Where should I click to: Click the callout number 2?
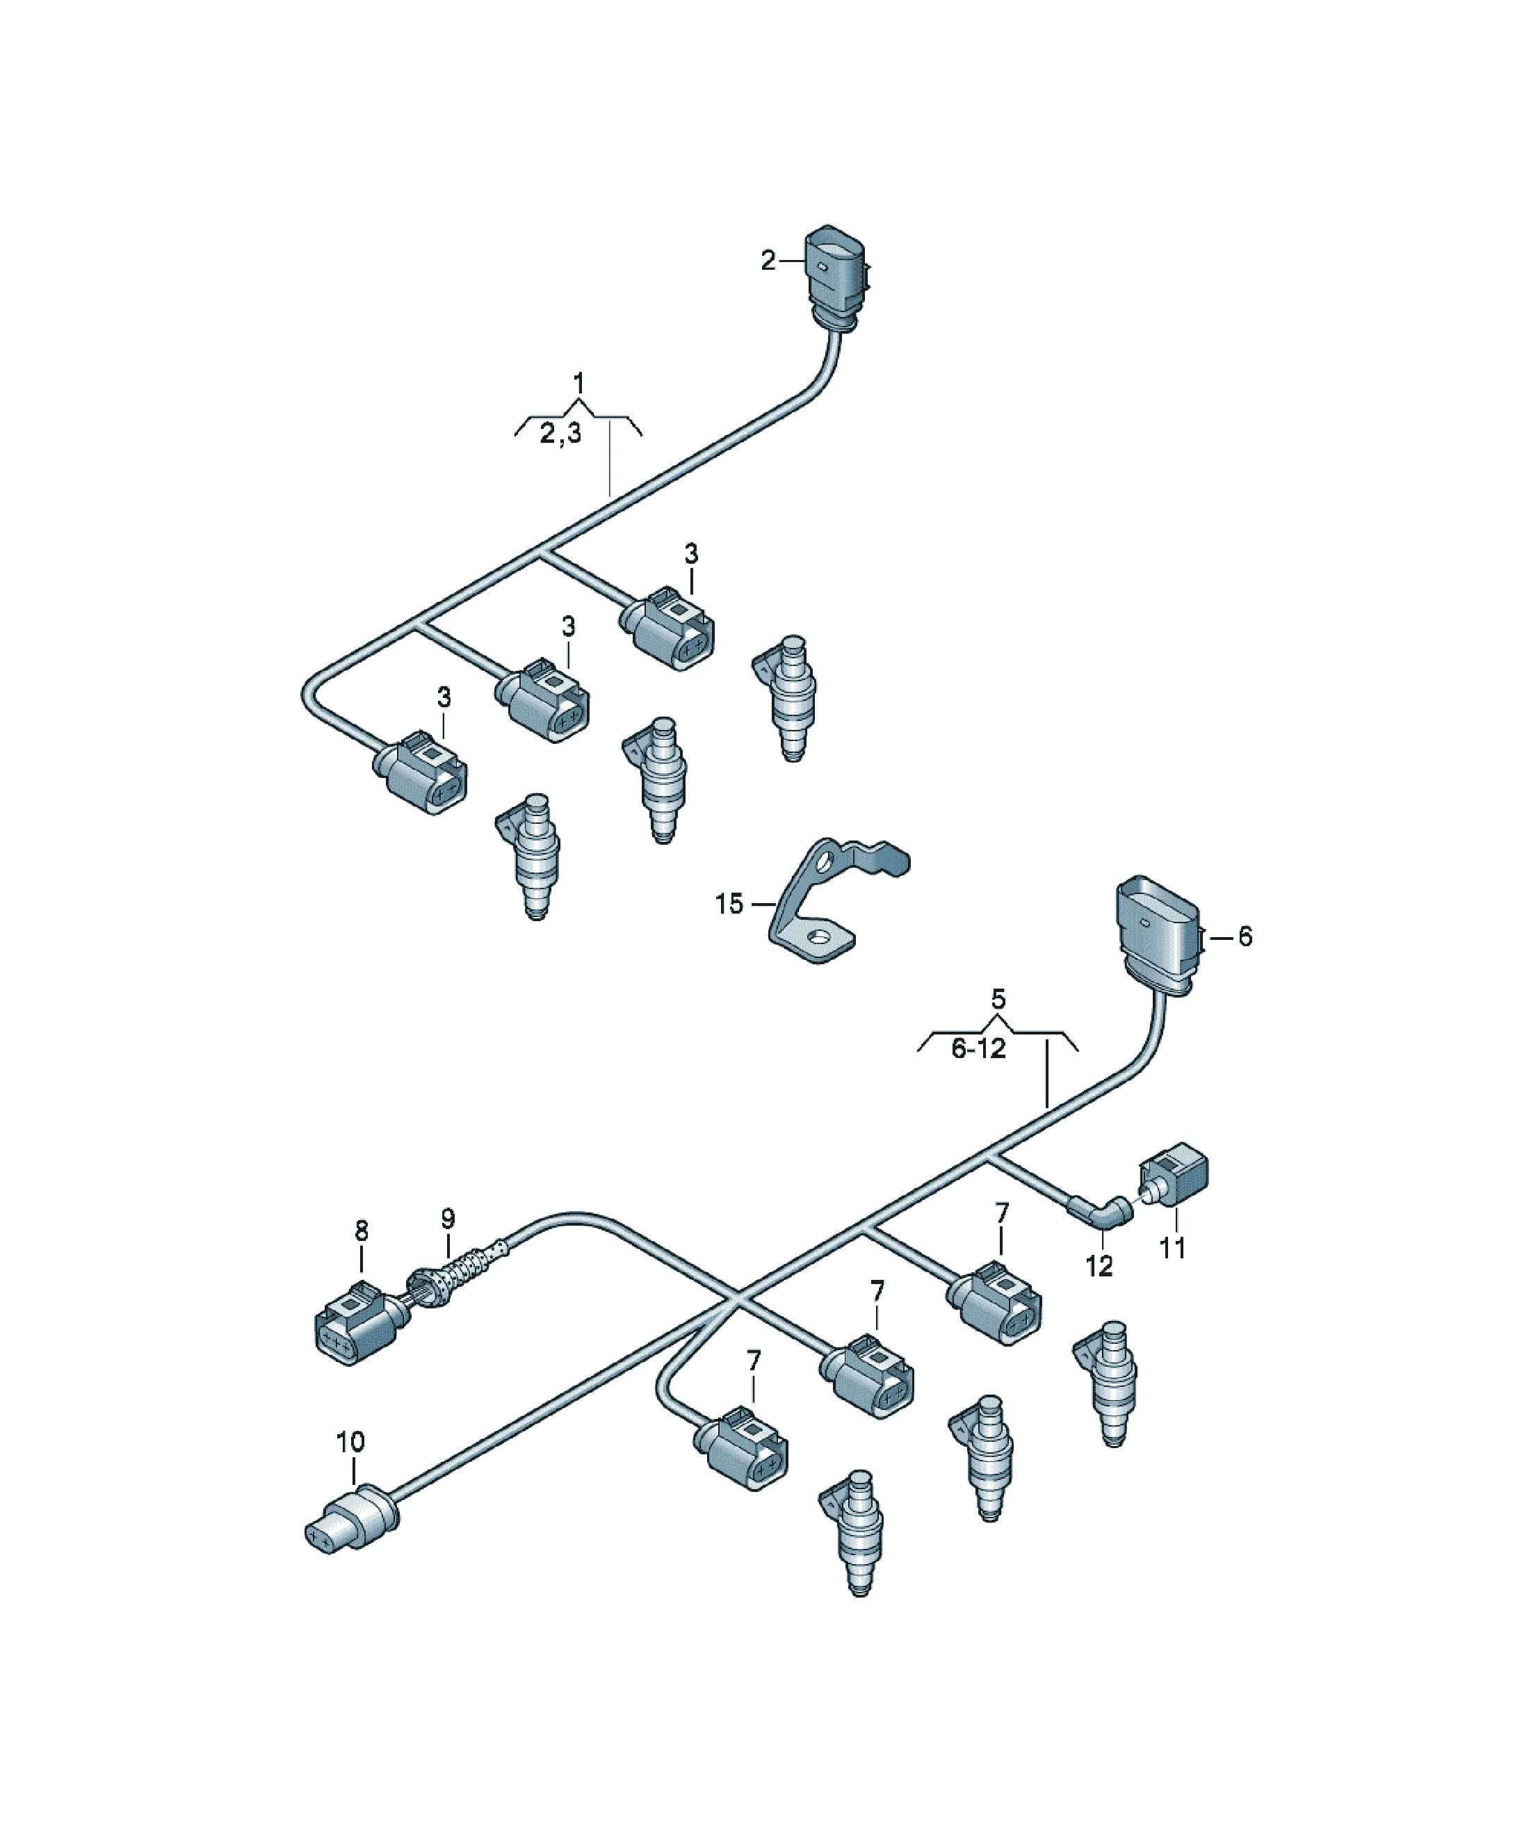[768, 261]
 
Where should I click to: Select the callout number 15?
[729, 904]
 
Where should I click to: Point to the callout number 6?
[1245, 937]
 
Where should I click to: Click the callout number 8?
[362, 1231]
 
